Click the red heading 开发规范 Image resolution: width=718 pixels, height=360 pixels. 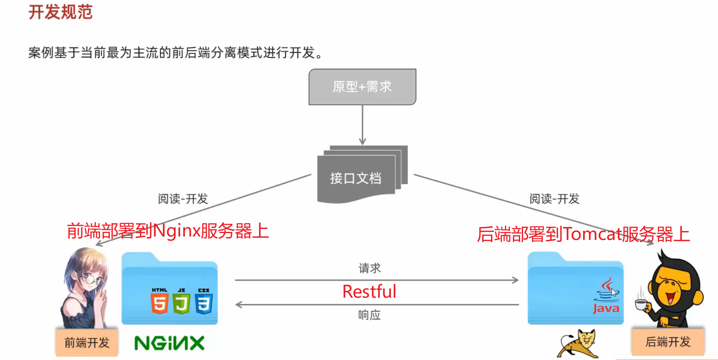coord(60,12)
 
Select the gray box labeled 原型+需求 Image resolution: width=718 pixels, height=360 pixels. coord(362,87)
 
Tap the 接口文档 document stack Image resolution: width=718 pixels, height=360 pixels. coord(356,178)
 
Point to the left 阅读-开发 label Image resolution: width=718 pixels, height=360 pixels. coord(183,198)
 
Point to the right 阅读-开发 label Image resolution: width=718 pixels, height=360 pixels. coord(554,198)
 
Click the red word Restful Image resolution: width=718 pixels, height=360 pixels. coord(369,292)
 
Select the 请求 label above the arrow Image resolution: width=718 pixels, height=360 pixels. coord(369,268)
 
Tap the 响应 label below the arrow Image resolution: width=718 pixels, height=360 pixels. coord(369,315)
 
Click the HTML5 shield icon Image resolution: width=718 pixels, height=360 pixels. coord(160,302)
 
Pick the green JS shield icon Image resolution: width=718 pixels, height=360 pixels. coord(182,302)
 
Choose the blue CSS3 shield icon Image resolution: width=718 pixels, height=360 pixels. coord(204,302)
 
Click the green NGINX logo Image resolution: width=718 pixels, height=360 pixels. coord(169,343)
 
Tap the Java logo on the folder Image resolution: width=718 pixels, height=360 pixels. coord(606,297)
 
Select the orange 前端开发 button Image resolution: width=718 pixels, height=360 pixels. coord(87,343)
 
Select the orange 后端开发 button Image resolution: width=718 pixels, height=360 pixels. coord(667,342)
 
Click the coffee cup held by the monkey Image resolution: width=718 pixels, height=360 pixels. coord(641,304)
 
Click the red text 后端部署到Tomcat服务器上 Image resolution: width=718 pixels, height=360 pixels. coord(583,234)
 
